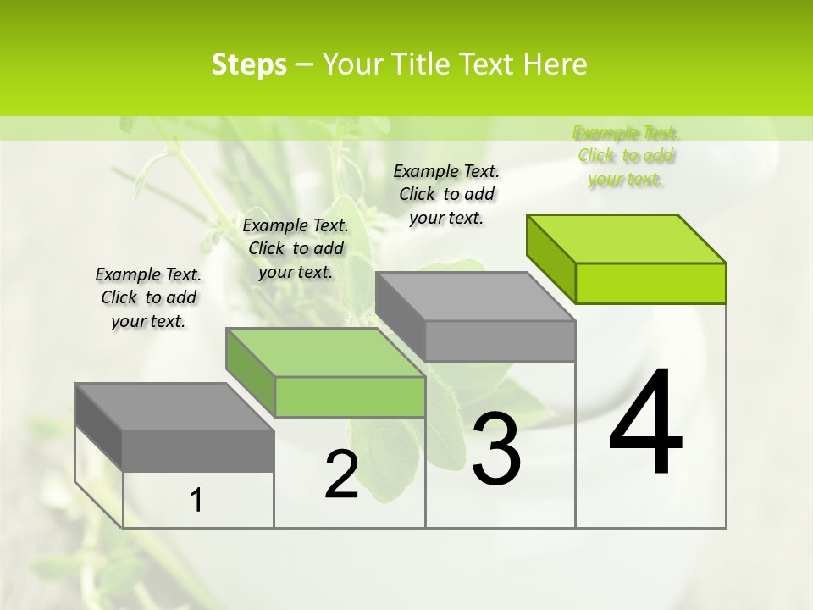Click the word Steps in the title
pos(249,64)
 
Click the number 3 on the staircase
pos(495,449)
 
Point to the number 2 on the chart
pos(341,474)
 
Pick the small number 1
pos(196,500)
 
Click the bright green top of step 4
pos(627,238)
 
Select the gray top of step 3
pos(475,297)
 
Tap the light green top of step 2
pos(325,352)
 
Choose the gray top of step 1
pos(174,407)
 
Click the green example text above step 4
pos(625,156)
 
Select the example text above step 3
pos(446,194)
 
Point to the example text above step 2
pos(296,248)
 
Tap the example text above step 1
pos(148,297)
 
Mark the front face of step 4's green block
pos(650,283)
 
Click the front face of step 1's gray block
pos(198,451)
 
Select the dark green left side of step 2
pos(251,373)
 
